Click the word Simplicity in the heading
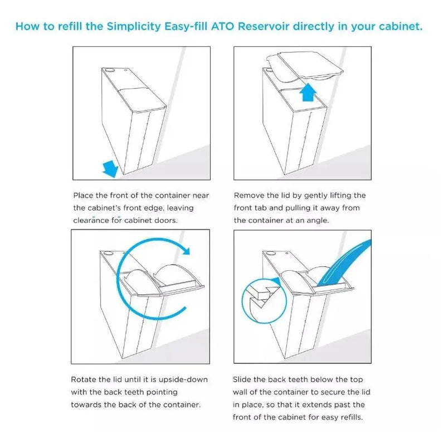pos(134,27)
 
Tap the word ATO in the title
pos(223,26)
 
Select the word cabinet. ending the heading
pos(401,26)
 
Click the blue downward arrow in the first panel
pos(110,169)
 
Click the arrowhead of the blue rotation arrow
pos(186,251)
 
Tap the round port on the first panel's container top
pos(109,70)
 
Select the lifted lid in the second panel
pos(305,65)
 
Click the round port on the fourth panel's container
pos(270,253)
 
